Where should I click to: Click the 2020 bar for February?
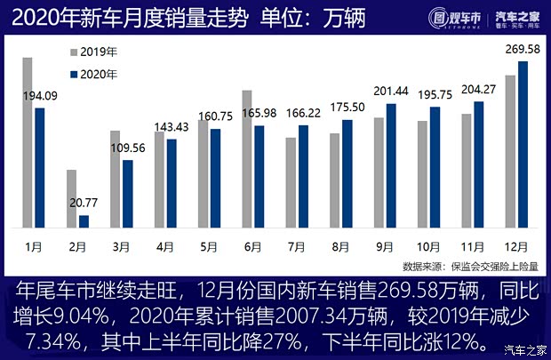point(84,220)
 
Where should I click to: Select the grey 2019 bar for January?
point(28,142)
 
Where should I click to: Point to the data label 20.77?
point(84,203)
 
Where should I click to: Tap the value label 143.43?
point(172,127)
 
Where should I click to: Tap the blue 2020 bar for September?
point(391,164)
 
